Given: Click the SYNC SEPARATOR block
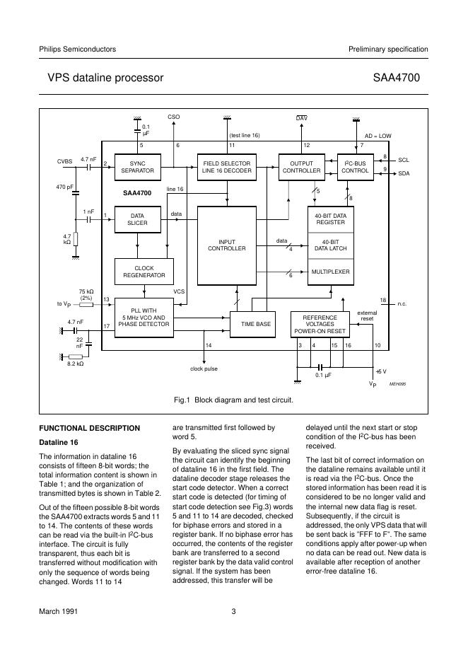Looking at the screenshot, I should [x=137, y=166].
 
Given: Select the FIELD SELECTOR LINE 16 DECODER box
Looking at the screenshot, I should [x=227, y=166].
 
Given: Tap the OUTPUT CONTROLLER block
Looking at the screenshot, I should [x=301, y=166].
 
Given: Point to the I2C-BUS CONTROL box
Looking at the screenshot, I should [x=355, y=166].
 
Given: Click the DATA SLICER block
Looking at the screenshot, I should [x=137, y=219].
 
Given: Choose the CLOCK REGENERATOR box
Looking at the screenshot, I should [x=144, y=272].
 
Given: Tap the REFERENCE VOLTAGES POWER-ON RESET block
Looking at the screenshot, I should [x=320, y=324].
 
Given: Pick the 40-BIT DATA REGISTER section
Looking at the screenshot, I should [x=329, y=219].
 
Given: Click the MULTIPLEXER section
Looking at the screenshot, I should [x=329, y=272].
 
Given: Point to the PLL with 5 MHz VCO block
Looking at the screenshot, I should [x=144, y=318].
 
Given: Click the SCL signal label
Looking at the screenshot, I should [x=404, y=160].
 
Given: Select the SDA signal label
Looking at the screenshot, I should [x=404, y=173].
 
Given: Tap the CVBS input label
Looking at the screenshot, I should [x=64, y=161].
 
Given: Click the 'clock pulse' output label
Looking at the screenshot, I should [x=204, y=368].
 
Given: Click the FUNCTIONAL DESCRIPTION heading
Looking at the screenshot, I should [x=89, y=428].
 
